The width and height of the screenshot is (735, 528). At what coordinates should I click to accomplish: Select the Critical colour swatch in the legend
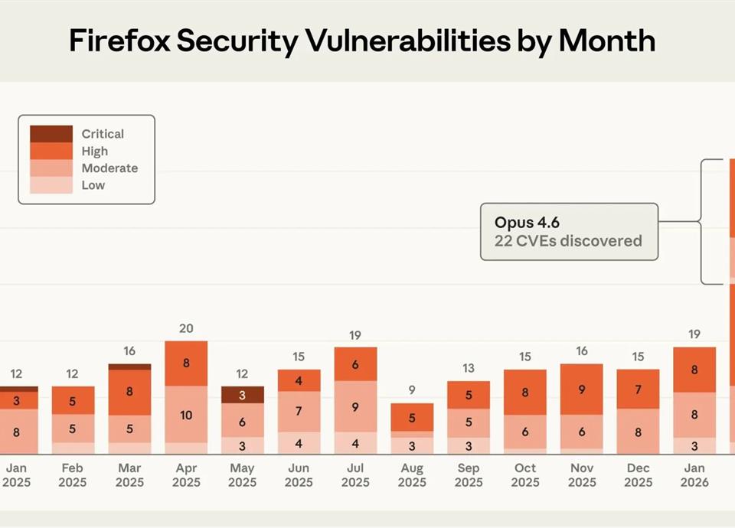click(51, 134)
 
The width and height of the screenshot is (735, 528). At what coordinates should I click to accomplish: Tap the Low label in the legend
click(93, 185)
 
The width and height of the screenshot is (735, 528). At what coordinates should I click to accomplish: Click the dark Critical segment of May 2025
click(242, 395)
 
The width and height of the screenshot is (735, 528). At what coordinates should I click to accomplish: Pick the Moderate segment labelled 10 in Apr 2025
click(186, 414)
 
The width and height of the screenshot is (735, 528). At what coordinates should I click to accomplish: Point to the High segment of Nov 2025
click(582, 389)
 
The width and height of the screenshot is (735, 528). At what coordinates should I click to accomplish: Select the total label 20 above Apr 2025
click(186, 328)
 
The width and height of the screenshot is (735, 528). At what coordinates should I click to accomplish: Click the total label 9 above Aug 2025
click(412, 390)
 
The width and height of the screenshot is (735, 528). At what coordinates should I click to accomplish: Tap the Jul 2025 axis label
click(355, 475)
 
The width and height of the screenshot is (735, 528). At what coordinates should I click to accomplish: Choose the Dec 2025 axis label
click(638, 475)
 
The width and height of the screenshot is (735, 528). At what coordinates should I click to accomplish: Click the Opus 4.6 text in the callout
click(527, 223)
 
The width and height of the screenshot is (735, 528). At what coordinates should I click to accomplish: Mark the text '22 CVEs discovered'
click(568, 241)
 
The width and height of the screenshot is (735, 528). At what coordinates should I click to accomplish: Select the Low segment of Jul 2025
click(355, 443)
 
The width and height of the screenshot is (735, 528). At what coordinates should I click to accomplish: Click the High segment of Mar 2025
click(129, 392)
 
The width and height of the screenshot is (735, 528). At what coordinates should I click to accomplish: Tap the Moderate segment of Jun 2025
click(299, 412)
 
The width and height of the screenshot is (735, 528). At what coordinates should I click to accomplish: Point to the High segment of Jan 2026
click(694, 370)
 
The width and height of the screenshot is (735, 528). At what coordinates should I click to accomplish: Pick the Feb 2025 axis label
click(73, 475)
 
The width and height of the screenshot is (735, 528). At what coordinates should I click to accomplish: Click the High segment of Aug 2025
click(412, 418)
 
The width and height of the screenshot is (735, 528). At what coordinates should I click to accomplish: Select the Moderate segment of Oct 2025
click(525, 432)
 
